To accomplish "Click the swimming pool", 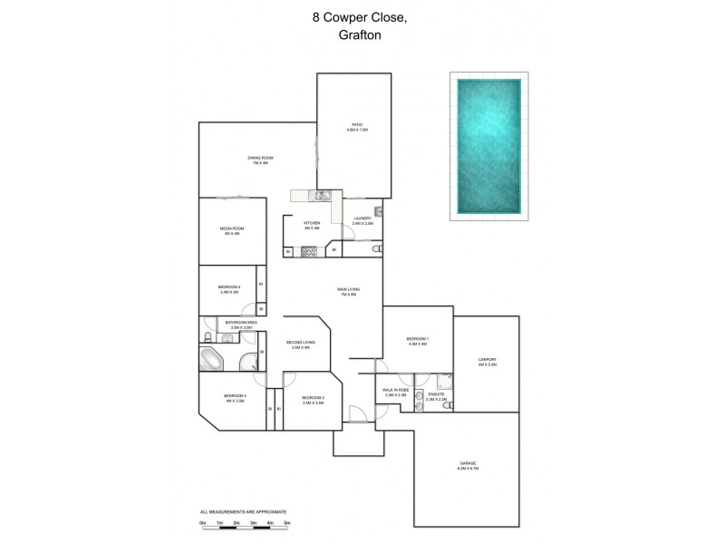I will coord(489,145).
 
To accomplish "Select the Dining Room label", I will coord(260,160).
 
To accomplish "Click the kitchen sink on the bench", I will coord(320,196).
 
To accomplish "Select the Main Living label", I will coord(347,292).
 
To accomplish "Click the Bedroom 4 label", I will coord(229,289).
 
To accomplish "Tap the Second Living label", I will coord(298,345).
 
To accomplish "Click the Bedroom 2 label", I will coord(313,398).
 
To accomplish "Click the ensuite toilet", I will coord(445,405).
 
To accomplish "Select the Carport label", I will coord(488,362).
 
